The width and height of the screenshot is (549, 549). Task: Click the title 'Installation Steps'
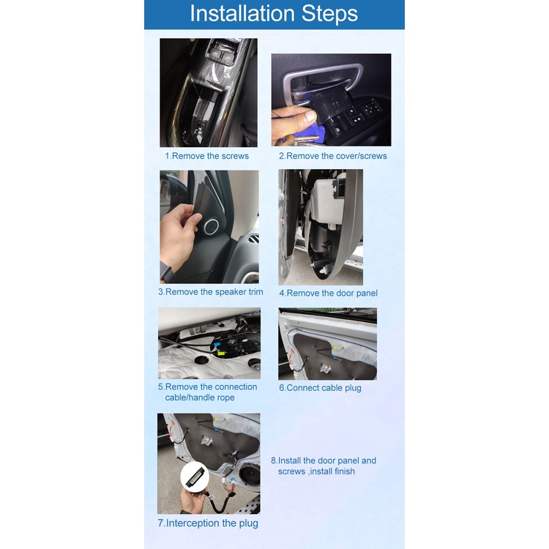point(274,14)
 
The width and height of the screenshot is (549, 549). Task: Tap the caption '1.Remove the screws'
point(207,156)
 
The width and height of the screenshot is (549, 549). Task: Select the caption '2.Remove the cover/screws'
point(333,156)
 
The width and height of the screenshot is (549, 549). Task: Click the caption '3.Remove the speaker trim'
point(210,291)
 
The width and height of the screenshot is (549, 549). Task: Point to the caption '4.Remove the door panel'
point(329,293)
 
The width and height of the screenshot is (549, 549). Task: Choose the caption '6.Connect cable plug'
point(320,388)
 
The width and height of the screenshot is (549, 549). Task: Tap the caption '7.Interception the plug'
point(208,523)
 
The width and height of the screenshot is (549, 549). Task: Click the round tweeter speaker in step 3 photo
point(212,226)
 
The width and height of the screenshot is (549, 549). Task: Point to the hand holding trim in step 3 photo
point(179,234)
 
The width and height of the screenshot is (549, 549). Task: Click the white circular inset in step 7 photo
point(195,477)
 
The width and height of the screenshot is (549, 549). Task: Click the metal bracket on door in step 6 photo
point(326,367)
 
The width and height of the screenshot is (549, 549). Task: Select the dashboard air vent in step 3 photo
point(253,239)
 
